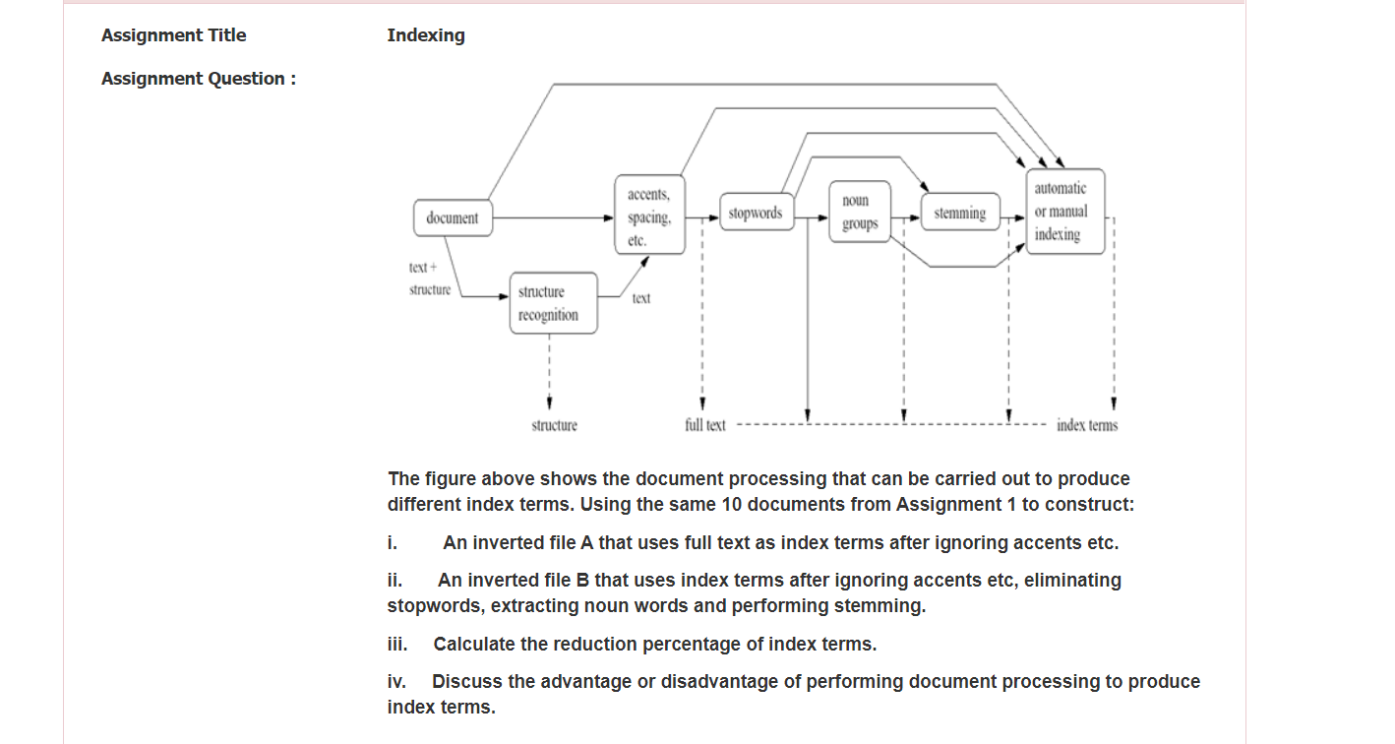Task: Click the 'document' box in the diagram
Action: tap(453, 217)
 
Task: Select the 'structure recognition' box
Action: tap(553, 303)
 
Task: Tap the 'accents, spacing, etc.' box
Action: tap(649, 217)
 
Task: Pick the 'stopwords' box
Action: tap(756, 213)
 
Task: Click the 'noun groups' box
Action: tap(859, 213)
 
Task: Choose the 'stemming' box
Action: tap(959, 213)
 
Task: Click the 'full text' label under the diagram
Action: tap(705, 425)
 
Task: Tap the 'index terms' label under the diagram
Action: tap(1086, 425)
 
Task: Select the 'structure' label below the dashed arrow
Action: tap(554, 425)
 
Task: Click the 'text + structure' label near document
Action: tap(430, 279)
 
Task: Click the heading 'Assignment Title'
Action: tap(174, 35)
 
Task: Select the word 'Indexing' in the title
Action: tap(426, 35)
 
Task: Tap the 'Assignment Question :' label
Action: tap(199, 79)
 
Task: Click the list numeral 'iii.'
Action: tap(397, 645)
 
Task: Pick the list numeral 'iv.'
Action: tap(396, 682)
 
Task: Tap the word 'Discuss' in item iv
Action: tap(463, 682)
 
